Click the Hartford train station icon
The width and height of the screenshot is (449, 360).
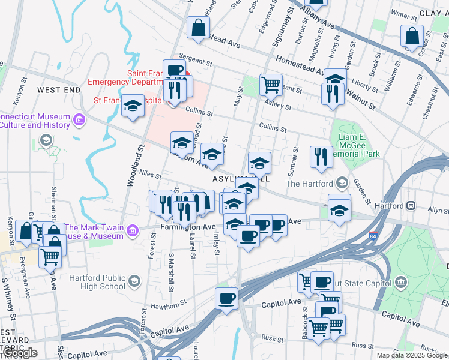click(x=412, y=205)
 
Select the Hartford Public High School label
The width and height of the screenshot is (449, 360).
click(x=97, y=282)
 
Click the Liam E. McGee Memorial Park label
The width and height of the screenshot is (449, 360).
click(x=359, y=145)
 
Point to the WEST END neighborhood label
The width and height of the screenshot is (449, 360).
click(x=58, y=90)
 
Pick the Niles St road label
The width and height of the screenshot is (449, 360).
click(x=149, y=175)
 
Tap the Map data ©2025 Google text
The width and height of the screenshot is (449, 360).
click(x=412, y=355)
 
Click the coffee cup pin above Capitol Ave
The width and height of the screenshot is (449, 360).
click(x=226, y=298)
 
